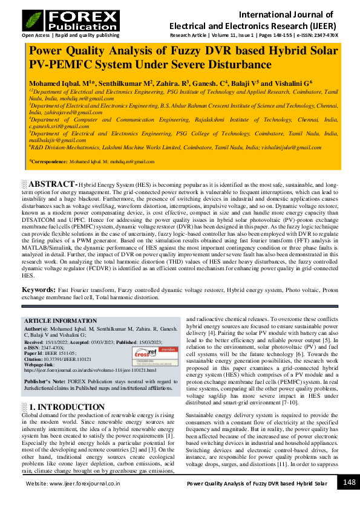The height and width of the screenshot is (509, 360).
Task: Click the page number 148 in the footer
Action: coord(349,482)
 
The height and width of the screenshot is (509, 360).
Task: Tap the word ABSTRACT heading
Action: coord(52,183)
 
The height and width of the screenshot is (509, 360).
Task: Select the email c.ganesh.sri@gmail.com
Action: coord(59,127)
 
